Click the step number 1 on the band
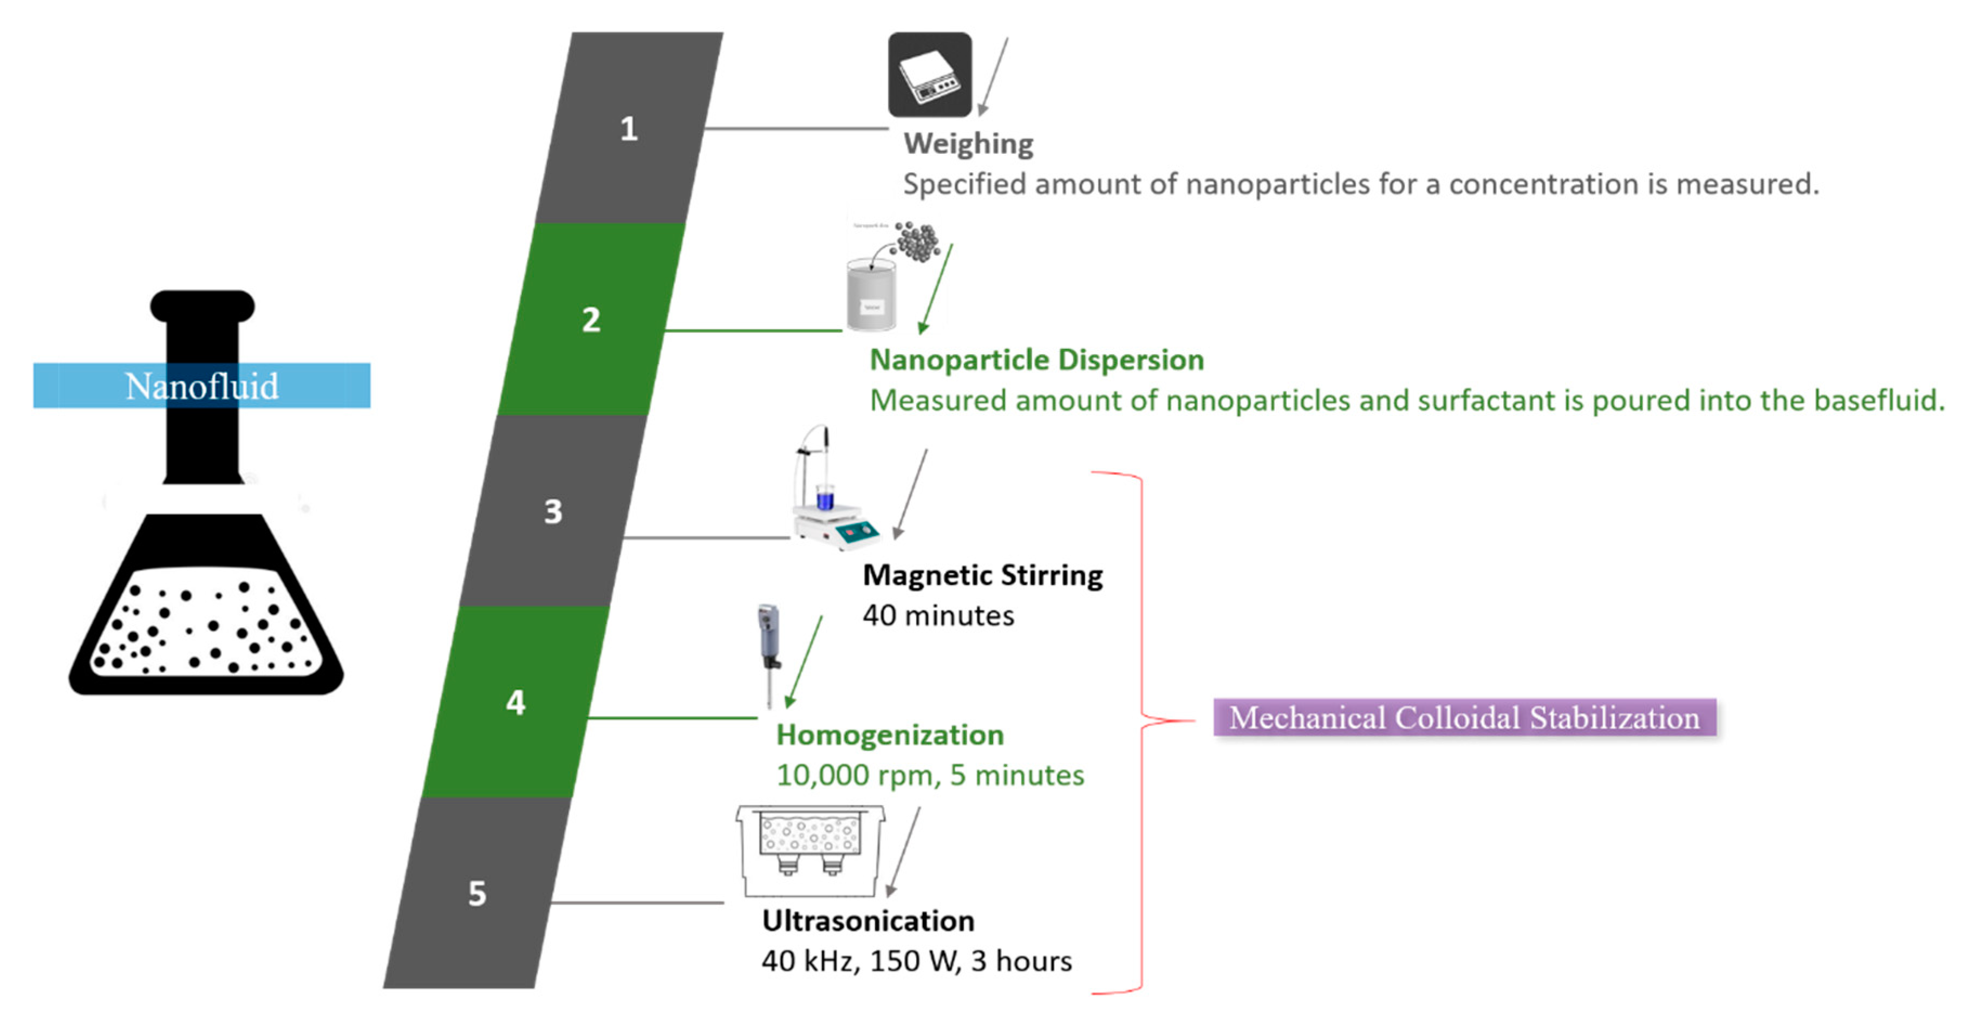[628, 129]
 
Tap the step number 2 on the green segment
[591, 320]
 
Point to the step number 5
[477, 894]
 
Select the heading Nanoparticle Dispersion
[1036, 360]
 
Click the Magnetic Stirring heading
[982, 575]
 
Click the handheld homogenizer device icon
[769, 652]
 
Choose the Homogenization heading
[889, 735]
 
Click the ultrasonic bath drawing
[810, 849]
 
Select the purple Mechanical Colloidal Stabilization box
[1464, 718]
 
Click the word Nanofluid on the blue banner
[202, 386]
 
